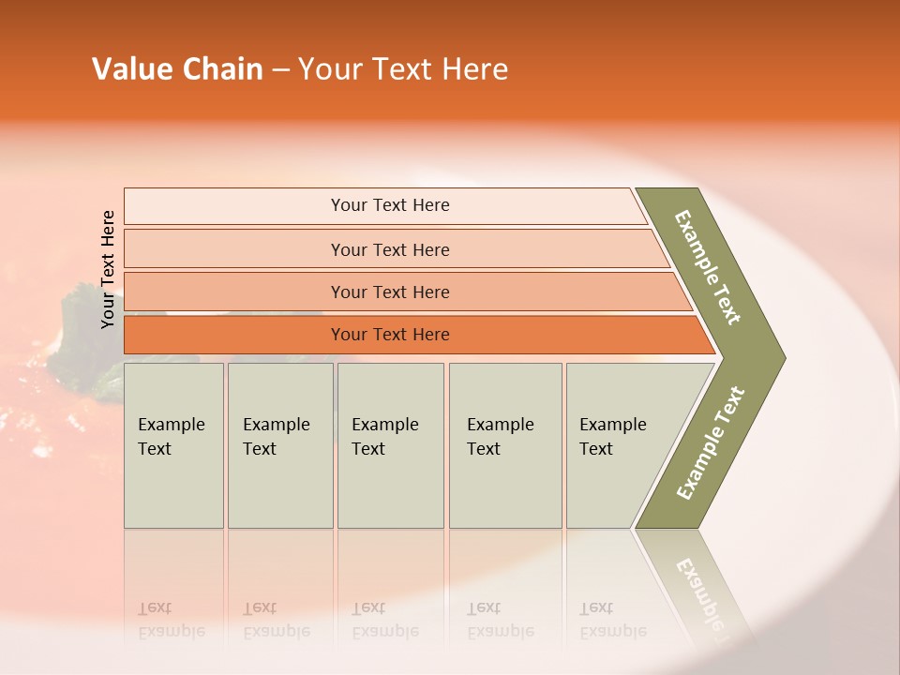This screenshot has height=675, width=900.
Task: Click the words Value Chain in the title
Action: pyautogui.click(x=177, y=69)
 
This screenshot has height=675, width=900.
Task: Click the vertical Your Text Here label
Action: pyautogui.click(x=108, y=269)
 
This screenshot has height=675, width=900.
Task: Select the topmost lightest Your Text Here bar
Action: pyautogui.click(x=389, y=205)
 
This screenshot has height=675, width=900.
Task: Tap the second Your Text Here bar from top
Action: pyautogui.click(x=389, y=249)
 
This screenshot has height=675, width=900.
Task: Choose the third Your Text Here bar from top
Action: pyautogui.click(x=389, y=292)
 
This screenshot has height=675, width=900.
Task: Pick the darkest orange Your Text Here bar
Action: pyautogui.click(x=389, y=335)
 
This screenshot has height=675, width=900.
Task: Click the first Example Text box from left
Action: pyautogui.click(x=173, y=445)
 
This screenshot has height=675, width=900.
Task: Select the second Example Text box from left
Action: pyautogui.click(x=279, y=445)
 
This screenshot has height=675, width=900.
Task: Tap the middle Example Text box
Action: pyautogui.click(x=390, y=445)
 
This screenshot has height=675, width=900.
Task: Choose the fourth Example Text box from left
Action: pyautogui.click(x=504, y=445)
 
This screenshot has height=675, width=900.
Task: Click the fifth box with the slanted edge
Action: pyautogui.click(x=619, y=445)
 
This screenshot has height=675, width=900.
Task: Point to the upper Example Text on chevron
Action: pyautogui.click(x=708, y=267)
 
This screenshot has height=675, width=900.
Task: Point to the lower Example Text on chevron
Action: pyautogui.click(x=710, y=443)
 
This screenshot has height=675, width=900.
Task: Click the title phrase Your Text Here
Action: pyautogui.click(x=403, y=69)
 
